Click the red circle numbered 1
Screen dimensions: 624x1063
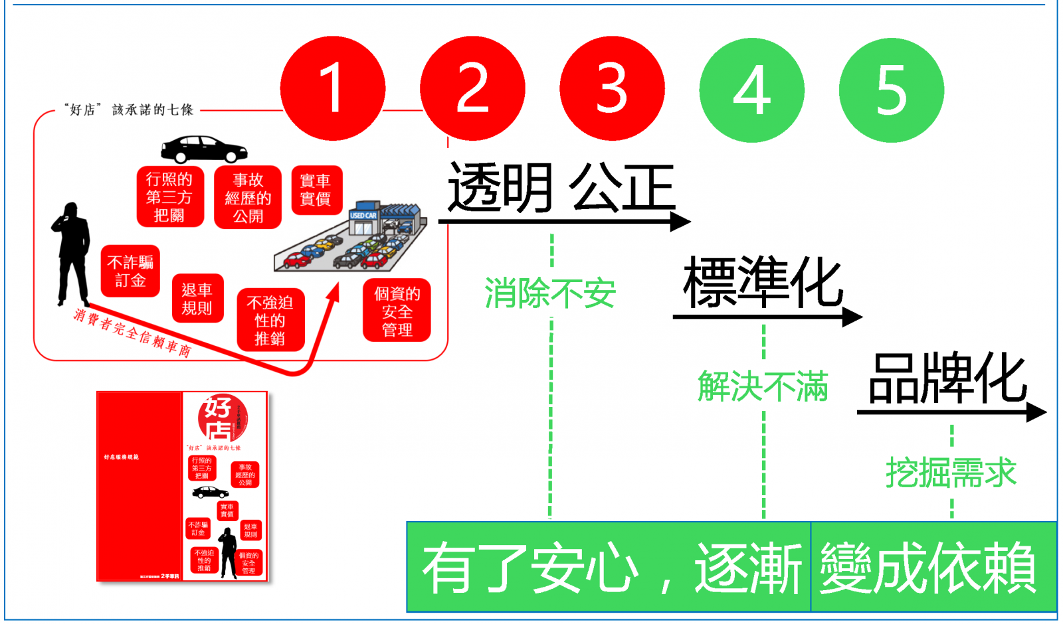point(332,88)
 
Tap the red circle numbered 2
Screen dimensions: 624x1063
point(472,88)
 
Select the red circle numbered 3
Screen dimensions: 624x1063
point(612,88)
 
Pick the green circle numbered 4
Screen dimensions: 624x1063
point(751,90)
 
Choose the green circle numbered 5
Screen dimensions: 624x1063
point(891,90)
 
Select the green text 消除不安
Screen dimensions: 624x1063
point(550,293)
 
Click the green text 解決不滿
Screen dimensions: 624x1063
point(763,386)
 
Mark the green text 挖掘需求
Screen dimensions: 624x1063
point(951,473)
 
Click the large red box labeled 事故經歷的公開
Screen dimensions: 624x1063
point(248,197)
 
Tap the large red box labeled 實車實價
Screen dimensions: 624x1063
point(316,190)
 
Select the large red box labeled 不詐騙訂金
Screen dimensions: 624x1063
point(130,271)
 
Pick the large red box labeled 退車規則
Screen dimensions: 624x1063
point(197,299)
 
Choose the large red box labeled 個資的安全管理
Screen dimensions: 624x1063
point(397,311)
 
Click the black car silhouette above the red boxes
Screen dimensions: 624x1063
point(204,149)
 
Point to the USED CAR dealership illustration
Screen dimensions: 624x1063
point(352,238)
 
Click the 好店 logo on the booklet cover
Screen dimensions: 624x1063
point(222,418)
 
